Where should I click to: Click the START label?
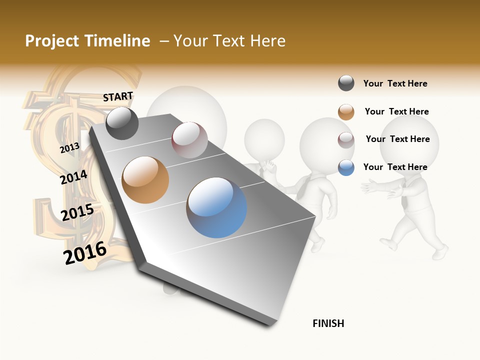click(x=118, y=96)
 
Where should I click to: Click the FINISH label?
click(x=328, y=323)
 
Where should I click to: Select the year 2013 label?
click(x=69, y=147)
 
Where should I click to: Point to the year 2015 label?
click(x=77, y=212)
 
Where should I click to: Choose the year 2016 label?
click(x=85, y=252)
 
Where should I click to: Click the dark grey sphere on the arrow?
click(x=122, y=123)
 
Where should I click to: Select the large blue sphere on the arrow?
click(x=216, y=207)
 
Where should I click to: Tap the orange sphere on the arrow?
click(x=145, y=180)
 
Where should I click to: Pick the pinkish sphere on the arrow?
click(x=189, y=140)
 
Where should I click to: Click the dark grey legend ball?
click(x=346, y=83)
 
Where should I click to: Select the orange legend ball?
click(x=346, y=112)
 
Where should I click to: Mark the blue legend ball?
click(x=346, y=167)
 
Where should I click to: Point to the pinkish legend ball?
click(x=346, y=140)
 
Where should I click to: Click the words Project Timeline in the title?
click(x=87, y=41)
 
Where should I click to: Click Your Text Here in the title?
click(x=229, y=41)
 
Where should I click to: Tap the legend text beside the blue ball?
click(x=395, y=167)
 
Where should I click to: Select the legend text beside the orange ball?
click(x=396, y=111)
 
